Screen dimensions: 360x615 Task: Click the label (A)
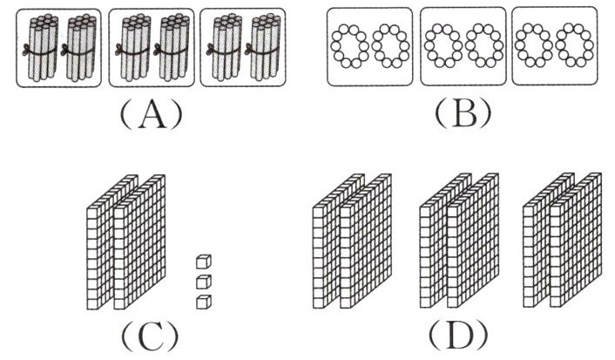(150, 113)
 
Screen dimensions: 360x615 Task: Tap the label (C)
(150, 333)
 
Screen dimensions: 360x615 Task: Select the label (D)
(458, 333)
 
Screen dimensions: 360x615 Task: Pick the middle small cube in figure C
(203, 282)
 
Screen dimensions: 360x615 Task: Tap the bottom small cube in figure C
(203, 302)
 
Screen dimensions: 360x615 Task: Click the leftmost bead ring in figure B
(353, 47)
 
